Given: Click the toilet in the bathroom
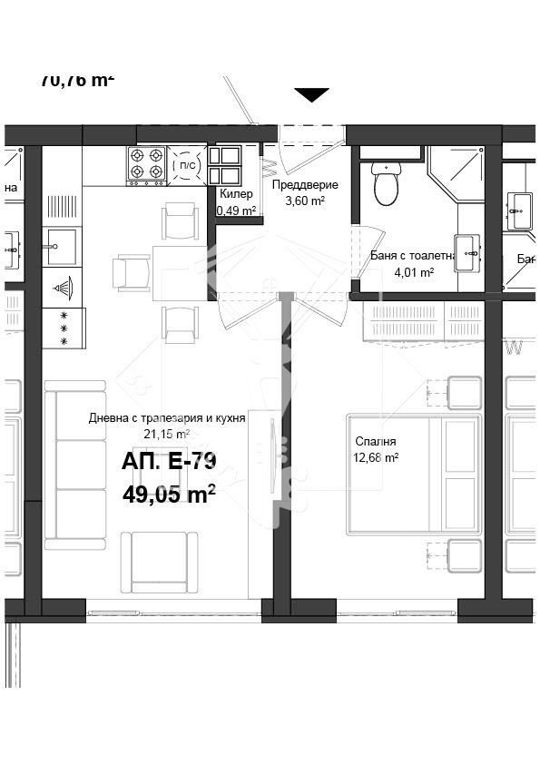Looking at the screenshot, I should [x=386, y=184].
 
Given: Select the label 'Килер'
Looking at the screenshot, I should [x=236, y=194].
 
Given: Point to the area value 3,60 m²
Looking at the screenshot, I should [x=305, y=201].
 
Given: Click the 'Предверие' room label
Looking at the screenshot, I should [x=305, y=185].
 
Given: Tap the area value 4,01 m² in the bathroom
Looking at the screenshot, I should [x=414, y=271].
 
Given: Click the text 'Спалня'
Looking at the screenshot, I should [x=376, y=442].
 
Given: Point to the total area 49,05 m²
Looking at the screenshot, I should [x=169, y=493].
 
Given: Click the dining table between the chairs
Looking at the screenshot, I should [x=181, y=271].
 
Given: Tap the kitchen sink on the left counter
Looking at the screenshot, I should [x=62, y=246].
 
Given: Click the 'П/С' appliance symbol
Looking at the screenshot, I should [x=187, y=164].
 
